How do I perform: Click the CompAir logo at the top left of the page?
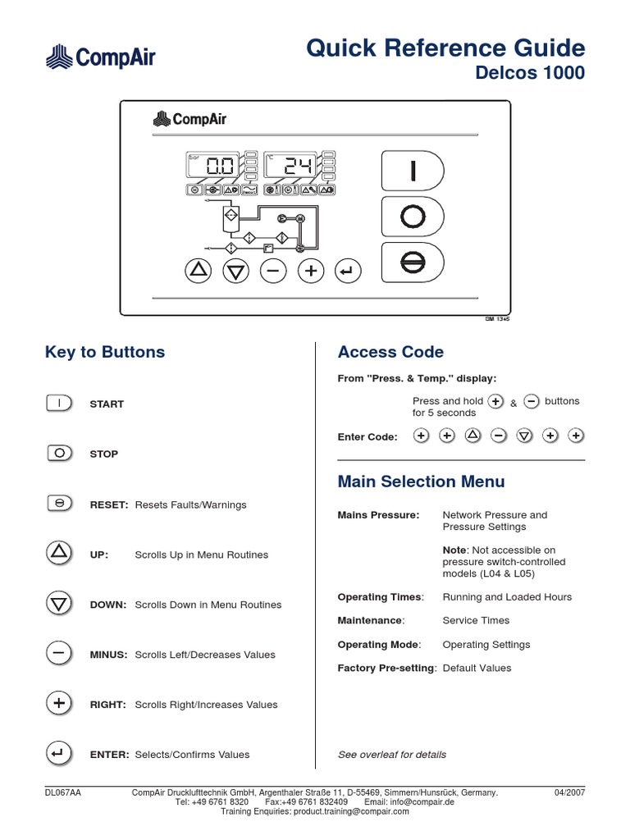pyautogui.click(x=99, y=57)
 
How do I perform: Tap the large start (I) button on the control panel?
pyautogui.click(x=413, y=171)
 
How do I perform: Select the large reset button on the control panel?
pyautogui.click(x=413, y=263)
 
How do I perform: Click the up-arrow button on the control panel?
pyautogui.click(x=198, y=270)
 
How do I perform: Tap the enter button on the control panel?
pyautogui.click(x=348, y=270)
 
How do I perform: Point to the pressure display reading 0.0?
pyautogui.click(x=211, y=167)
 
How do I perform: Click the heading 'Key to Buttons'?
pyautogui.click(x=104, y=352)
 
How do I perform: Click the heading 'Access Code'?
pyautogui.click(x=390, y=352)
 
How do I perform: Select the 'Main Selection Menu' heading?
pyautogui.click(x=421, y=482)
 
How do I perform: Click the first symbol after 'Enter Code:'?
pyautogui.click(x=420, y=436)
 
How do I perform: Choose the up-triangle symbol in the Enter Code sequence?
pyautogui.click(x=472, y=436)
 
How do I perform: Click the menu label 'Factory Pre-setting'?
pyautogui.click(x=386, y=668)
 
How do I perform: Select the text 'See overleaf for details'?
pyautogui.click(x=392, y=755)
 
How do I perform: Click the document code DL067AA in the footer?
pyautogui.click(x=62, y=792)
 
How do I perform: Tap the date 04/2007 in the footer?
pyautogui.click(x=569, y=792)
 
